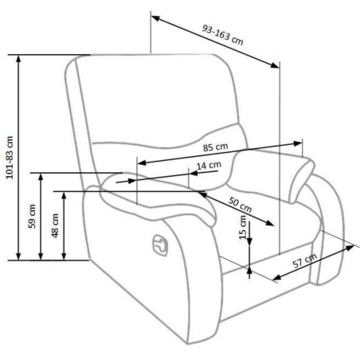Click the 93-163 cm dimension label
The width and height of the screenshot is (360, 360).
click(x=222, y=35)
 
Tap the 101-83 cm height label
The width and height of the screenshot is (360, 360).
click(x=10, y=158)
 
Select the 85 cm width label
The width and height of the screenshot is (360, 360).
click(x=216, y=147)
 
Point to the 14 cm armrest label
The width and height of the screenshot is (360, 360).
click(x=209, y=166)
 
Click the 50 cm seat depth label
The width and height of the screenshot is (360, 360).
click(x=240, y=205)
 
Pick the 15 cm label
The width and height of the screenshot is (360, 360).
click(x=243, y=227)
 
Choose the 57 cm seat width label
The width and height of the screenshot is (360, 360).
click(x=305, y=260)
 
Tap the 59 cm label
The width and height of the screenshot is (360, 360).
click(x=32, y=217)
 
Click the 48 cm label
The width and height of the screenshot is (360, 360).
click(x=55, y=225)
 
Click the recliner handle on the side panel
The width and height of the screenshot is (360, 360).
click(x=160, y=245)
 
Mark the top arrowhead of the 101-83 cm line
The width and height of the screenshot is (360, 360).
click(x=18, y=59)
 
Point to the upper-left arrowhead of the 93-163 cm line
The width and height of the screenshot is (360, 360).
click(x=155, y=18)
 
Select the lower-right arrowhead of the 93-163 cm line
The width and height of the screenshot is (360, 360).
click(x=275, y=65)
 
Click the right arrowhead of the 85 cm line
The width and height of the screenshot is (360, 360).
click(x=298, y=143)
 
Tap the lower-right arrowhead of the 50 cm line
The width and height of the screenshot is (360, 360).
click(x=269, y=223)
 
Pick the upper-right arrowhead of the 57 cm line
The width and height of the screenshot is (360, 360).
click(x=350, y=248)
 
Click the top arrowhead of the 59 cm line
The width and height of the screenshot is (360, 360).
click(x=41, y=177)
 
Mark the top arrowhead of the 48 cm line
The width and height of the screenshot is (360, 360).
click(x=64, y=196)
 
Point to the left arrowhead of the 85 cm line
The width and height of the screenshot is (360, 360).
click(x=142, y=162)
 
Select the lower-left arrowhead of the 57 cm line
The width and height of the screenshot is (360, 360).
click(x=277, y=277)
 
